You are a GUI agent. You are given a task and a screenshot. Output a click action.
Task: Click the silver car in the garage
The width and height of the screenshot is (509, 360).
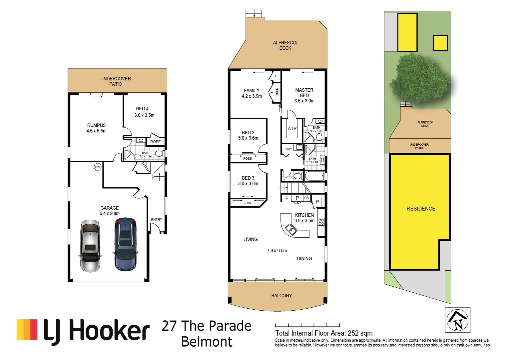pyautogui.click(x=90, y=246)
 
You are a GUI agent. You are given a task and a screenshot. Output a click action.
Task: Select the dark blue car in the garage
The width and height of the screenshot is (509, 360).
pyautogui.click(x=125, y=244)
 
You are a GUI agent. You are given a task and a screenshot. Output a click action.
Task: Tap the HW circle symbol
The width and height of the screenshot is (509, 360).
pyautogui.click(x=98, y=167)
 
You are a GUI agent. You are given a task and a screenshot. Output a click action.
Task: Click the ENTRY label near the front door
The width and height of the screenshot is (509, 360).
pyautogui.click(x=156, y=220)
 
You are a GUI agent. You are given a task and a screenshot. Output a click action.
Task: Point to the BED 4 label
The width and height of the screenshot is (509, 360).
pyautogui.click(x=142, y=109)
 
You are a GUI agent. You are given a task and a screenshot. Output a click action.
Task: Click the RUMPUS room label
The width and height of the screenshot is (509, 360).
pyautogui.click(x=96, y=125)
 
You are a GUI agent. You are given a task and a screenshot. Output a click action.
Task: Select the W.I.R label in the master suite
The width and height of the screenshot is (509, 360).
pyautogui.click(x=292, y=129)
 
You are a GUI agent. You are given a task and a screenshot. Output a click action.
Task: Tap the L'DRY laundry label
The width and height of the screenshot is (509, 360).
pyautogui.click(x=287, y=149)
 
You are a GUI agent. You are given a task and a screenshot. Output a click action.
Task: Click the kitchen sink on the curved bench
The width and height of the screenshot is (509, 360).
pyautogui.click(x=290, y=229)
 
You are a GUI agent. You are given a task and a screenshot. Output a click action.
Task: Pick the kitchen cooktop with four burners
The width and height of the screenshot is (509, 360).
pyautogui.click(x=321, y=222)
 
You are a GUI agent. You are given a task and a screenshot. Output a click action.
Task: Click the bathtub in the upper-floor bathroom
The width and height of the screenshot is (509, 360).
pyautogui.click(x=314, y=176)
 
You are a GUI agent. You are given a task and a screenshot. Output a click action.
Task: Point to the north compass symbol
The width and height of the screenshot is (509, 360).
pyautogui.click(x=458, y=320)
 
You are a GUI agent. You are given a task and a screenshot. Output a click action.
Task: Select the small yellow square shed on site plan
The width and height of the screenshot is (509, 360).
pyautogui.click(x=440, y=43)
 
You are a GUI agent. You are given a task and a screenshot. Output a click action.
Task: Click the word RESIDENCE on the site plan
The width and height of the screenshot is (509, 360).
pyautogui.click(x=421, y=209)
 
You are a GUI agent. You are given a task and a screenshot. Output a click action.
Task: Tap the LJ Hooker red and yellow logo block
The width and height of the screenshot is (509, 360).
pyautogui.click(x=27, y=330)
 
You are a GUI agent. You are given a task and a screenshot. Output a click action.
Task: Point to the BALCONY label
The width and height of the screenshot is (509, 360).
pyautogui.click(x=281, y=296)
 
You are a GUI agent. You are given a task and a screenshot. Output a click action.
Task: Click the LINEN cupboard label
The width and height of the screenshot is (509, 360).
pyautogui.click(x=277, y=92)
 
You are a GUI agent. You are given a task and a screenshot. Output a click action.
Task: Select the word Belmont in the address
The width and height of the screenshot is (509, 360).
pyautogui.click(x=207, y=342)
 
